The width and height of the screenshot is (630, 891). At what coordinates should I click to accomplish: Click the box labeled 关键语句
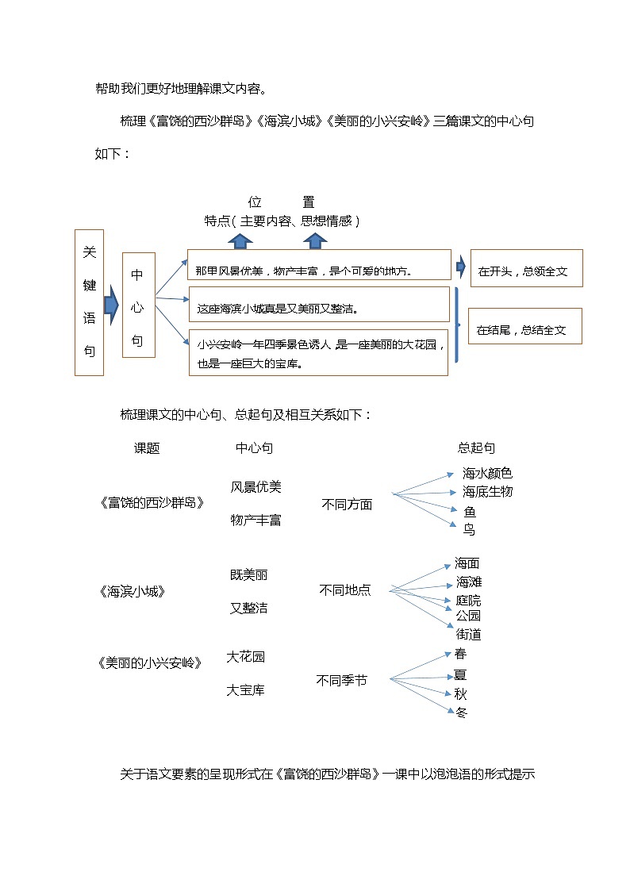tap(89, 302)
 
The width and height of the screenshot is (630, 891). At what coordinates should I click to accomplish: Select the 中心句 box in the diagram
tap(138, 305)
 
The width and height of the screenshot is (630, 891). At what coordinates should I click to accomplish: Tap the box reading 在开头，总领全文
tap(526, 268)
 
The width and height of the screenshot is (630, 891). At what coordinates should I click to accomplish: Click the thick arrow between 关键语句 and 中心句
tap(111, 301)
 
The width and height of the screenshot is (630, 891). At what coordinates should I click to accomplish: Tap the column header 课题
tap(147, 448)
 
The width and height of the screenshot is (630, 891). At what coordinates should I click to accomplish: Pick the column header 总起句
tap(476, 448)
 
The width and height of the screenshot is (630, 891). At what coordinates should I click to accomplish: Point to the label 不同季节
tap(341, 680)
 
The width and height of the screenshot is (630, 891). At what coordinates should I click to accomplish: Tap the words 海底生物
tap(487, 492)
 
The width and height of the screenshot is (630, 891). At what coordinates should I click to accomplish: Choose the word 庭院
tap(468, 601)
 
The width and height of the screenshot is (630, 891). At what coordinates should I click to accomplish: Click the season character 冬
tap(461, 712)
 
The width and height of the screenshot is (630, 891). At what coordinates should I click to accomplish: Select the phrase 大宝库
tap(245, 690)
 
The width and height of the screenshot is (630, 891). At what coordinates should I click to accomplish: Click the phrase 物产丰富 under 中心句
tap(255, 520)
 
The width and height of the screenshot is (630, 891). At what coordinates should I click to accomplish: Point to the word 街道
tap(468, 635)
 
